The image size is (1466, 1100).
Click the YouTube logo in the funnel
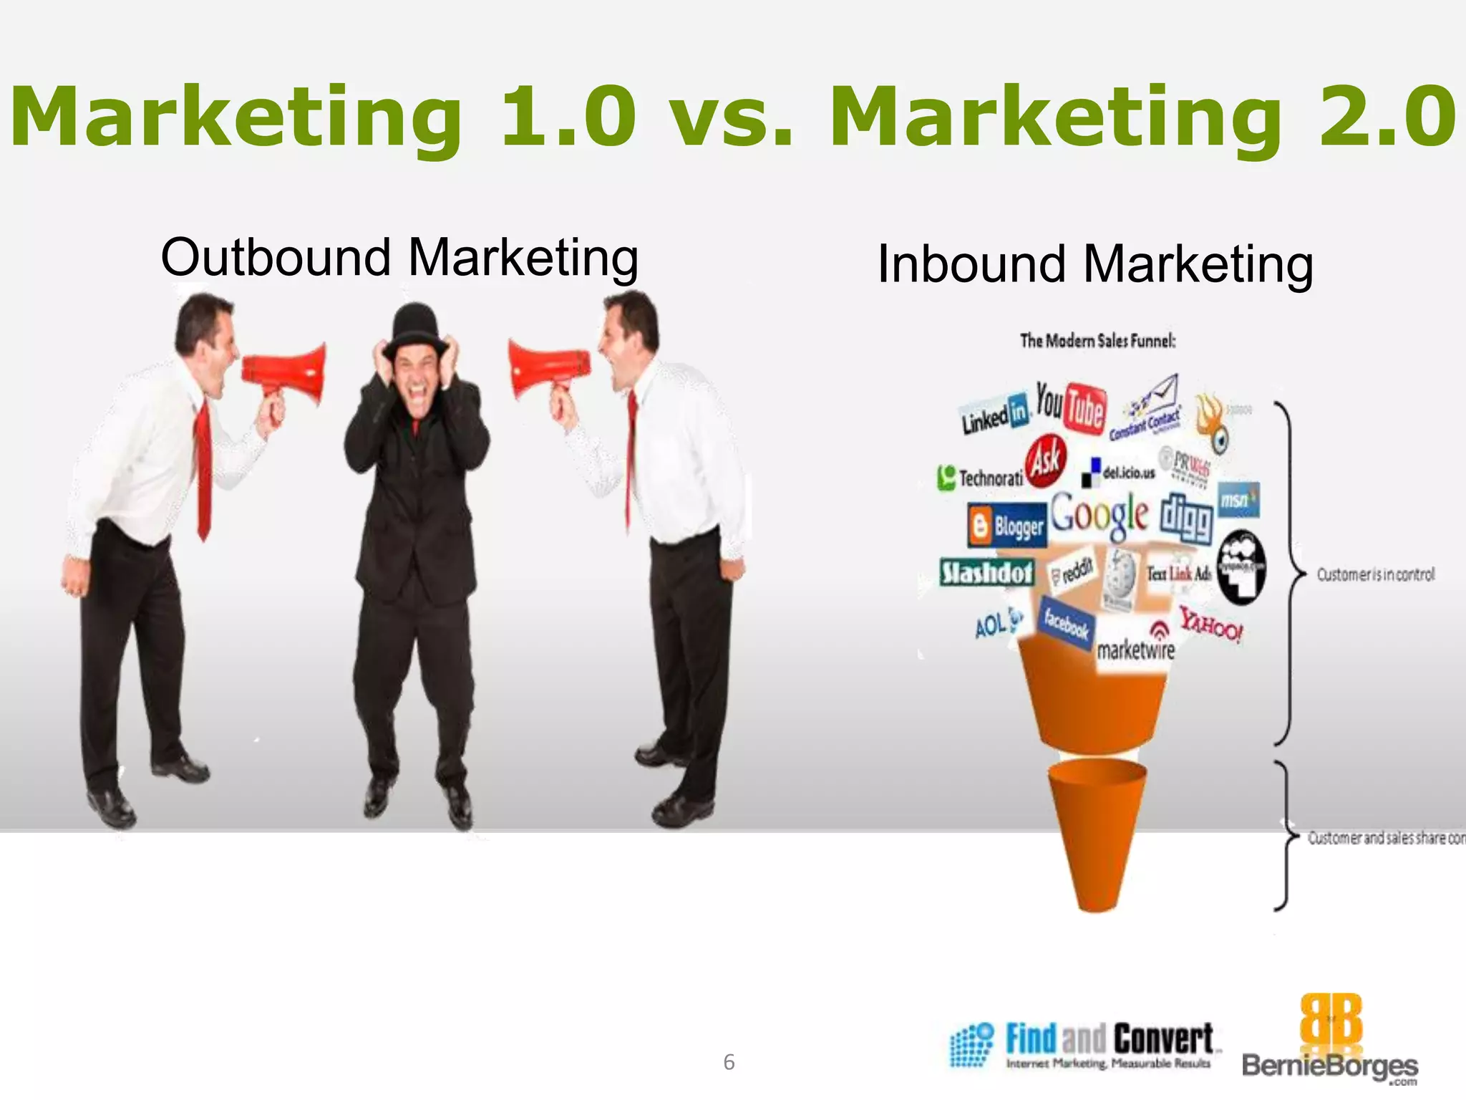(1071, 407)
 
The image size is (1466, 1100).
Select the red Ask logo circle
(1046, 460)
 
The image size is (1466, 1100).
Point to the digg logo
(1186, 517)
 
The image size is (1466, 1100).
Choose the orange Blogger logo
(1006, 527)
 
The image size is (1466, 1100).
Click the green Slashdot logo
(987, 572)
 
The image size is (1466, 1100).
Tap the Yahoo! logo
(1211, 624)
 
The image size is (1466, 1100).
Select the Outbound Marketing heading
(399, 258)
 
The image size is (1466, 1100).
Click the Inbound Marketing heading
(1095, 264)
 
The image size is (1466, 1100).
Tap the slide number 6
(729, 1062)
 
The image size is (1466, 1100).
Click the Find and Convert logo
(1085, 1045)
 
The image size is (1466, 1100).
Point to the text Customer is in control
(1375, 574)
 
